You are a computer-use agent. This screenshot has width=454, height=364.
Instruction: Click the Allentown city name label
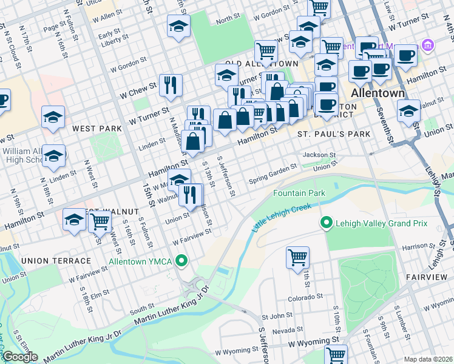[x=378, y=93]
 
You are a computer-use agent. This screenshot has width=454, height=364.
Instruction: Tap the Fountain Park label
[x=299, y=193]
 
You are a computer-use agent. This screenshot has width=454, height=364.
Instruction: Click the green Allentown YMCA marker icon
[x=180, y=261]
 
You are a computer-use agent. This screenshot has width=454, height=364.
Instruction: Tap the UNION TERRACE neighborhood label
[x=56, y=260]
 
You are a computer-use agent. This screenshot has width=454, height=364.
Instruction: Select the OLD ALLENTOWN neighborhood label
[x=262, y=64]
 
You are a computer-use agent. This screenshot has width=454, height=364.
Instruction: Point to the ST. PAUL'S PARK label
[x=333, y=133]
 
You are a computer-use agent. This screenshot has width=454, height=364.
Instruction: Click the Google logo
[x=20, y=357]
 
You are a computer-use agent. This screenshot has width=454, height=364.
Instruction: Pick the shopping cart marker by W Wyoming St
[x=336, y=354]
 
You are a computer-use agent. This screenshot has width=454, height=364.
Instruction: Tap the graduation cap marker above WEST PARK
[x=53, y=116]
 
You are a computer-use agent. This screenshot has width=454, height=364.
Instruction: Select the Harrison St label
[x=416, y=247]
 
